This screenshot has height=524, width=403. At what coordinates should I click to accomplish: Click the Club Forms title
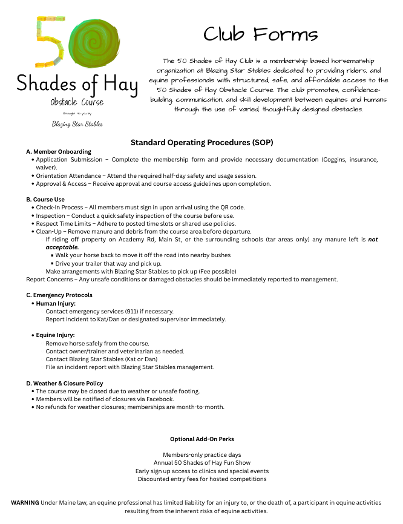point(260,34)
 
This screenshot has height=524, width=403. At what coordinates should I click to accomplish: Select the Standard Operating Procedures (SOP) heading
point(201,143)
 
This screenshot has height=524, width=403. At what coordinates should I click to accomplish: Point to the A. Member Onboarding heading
point(59,151)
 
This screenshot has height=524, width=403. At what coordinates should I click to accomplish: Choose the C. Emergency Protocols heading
point(59,295)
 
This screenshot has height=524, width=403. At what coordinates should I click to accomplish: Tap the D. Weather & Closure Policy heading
point(65,383)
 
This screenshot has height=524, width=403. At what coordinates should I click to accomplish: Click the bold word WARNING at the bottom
point(25,503)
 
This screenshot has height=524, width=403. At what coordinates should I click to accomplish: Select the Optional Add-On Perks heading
point(201,439)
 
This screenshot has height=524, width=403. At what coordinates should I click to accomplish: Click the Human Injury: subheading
point(56,303)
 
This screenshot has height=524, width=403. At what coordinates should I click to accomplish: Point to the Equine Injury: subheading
point(55,335)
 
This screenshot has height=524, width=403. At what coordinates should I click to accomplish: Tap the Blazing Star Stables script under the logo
point(77,124)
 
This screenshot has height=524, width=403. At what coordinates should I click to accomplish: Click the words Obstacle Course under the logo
point(77,102)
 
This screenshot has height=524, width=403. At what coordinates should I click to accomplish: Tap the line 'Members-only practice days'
point(201,454)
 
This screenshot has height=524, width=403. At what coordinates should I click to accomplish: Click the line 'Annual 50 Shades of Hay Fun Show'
point(201,463)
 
